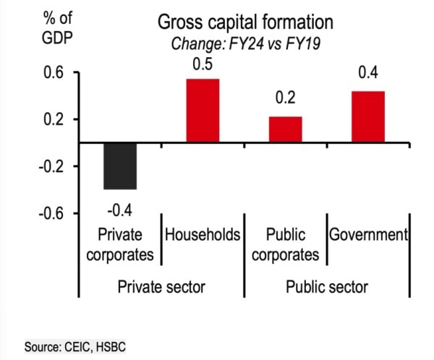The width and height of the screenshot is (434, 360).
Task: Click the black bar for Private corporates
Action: tap(120, 166)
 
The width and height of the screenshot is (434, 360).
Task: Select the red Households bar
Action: tap(203, 111)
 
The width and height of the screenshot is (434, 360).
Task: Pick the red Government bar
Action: tap(367, 117)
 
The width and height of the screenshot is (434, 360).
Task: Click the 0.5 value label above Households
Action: tap(203, 64)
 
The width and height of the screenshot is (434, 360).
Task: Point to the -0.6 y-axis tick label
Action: tap(51, 214)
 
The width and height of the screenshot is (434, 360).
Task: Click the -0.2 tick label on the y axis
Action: tap(51, 167)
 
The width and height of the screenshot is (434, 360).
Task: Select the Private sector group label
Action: tap(161, 287)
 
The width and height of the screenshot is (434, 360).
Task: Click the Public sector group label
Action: tap(327, 287)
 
